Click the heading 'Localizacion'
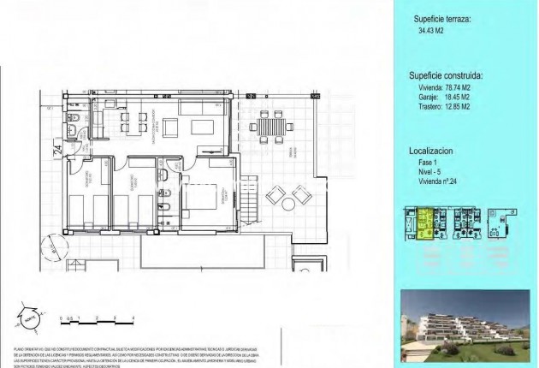point(432,150)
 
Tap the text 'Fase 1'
point(424,163)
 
